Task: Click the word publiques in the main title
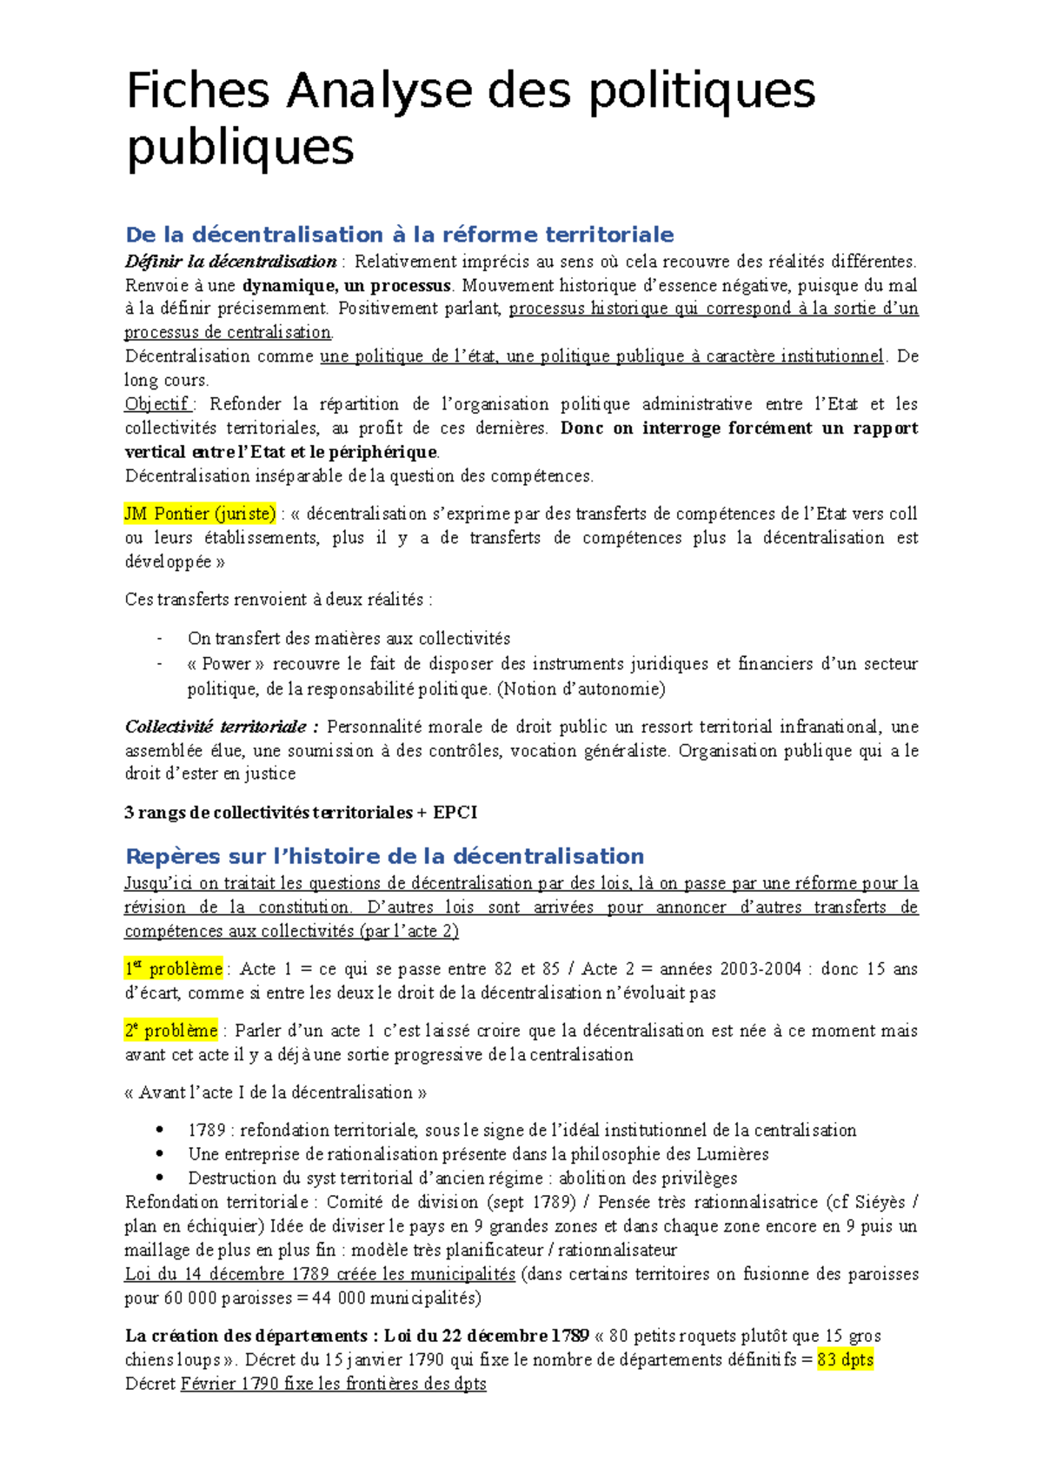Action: click(240, 146)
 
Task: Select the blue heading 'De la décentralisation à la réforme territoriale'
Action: click(400, 235)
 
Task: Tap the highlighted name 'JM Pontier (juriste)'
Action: click(200, 514)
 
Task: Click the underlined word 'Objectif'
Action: click(157, 404)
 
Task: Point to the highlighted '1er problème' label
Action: click(174, 968)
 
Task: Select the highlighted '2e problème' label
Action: click(171, 1031)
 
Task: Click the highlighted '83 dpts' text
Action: click(845, 1359)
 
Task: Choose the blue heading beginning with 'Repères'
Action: click(385, 856)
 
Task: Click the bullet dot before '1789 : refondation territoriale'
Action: click(160, 1130)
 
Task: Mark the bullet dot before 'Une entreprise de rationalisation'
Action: click(160, 1154)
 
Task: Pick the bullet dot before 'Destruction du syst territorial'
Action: click(160, 1178)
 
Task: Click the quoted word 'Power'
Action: click(226, 664)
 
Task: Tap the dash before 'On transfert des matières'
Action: click(160, 639)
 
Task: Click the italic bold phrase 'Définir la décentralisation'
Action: click(231, 262)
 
